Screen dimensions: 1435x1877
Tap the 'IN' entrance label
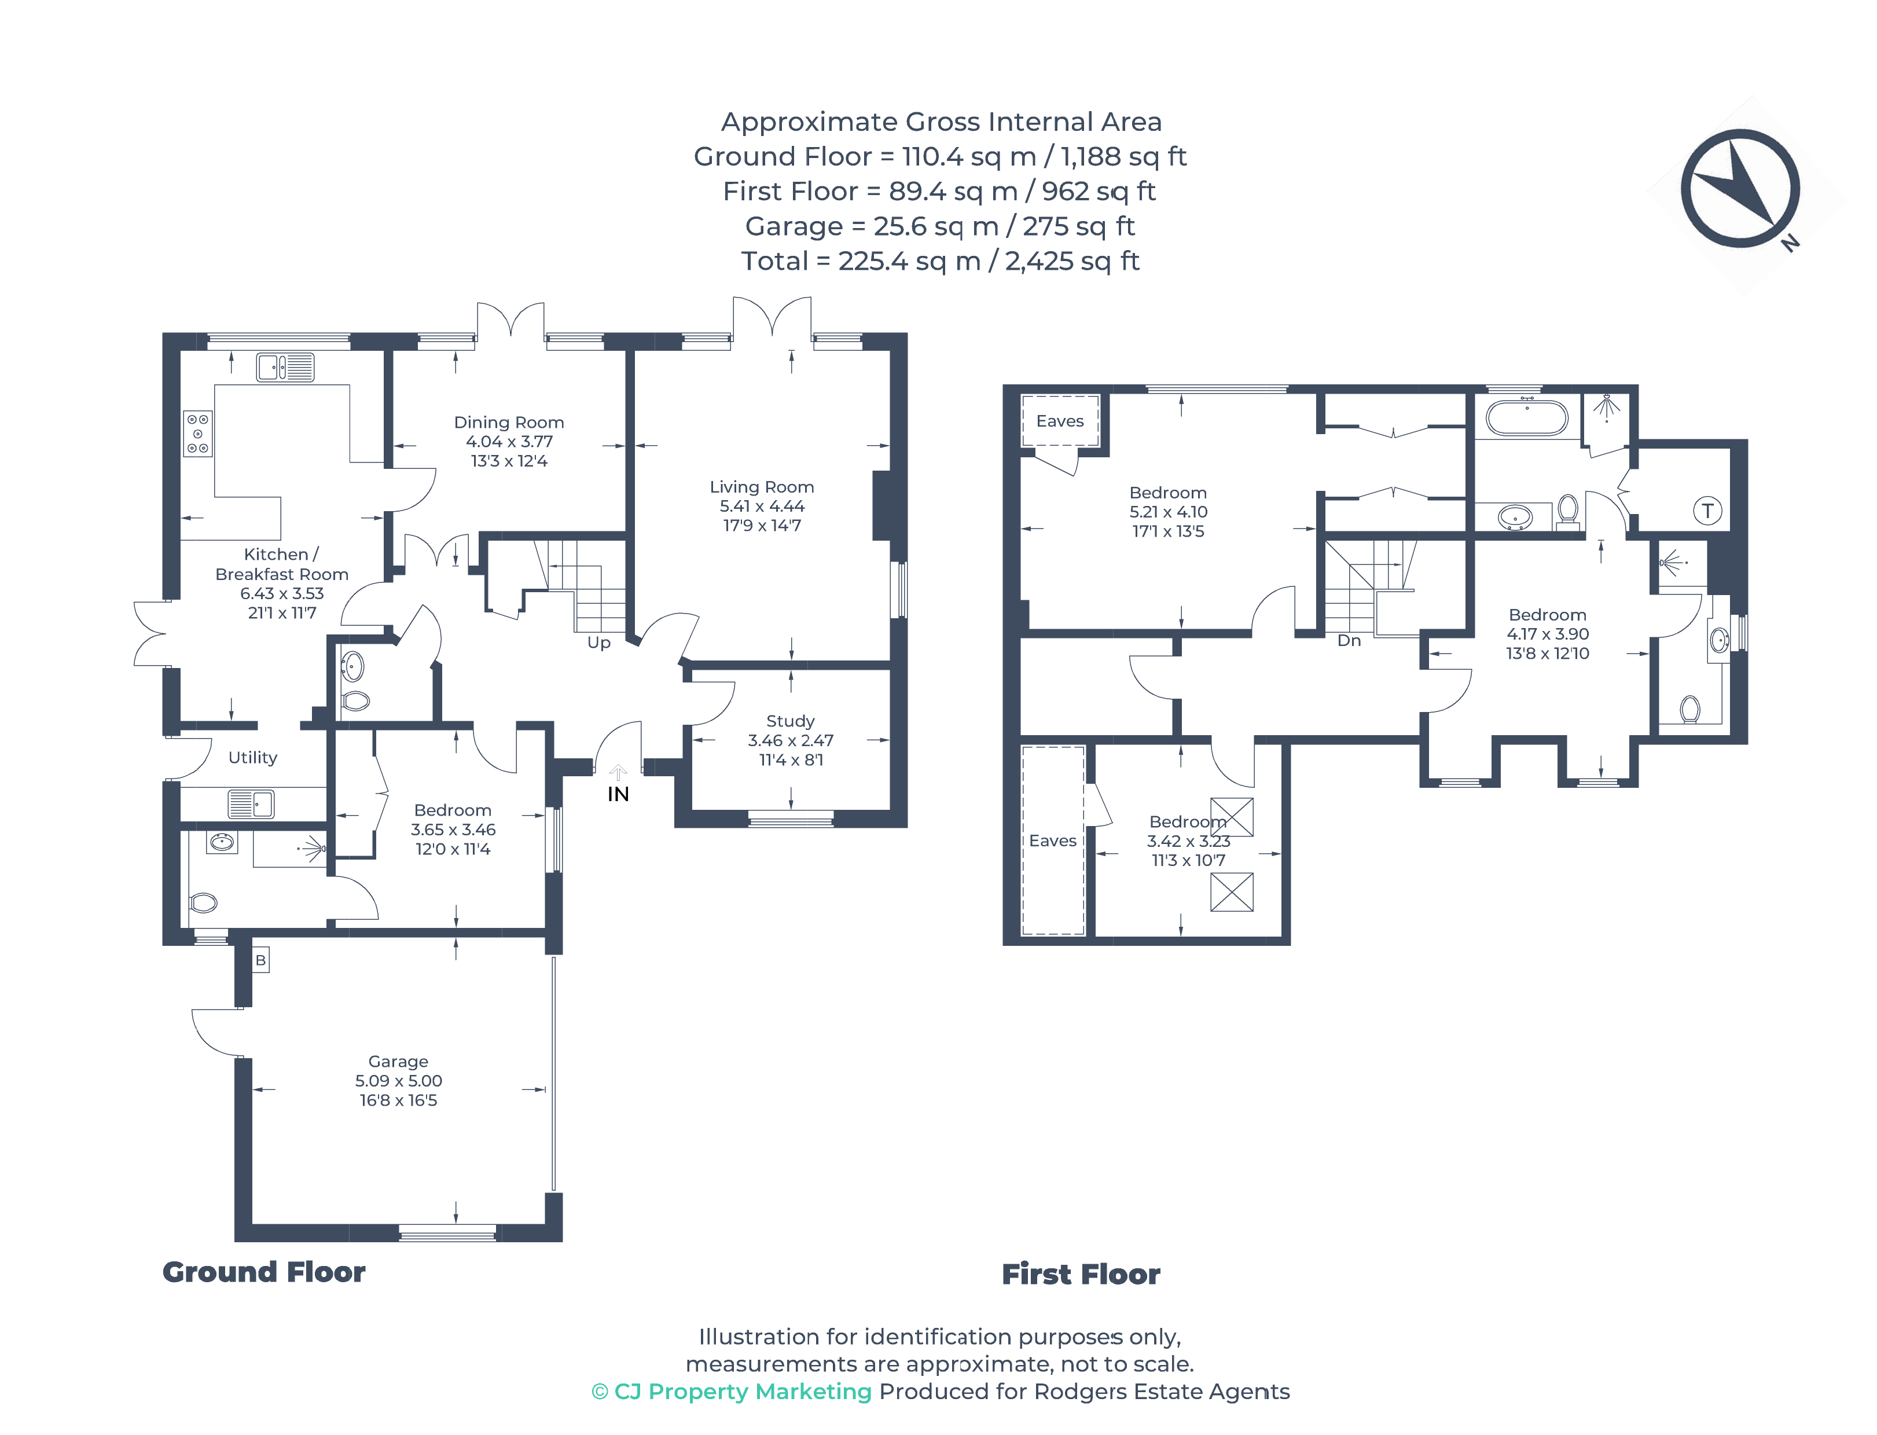(x=618, y=794)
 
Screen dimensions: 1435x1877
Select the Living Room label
(x=761, y=487)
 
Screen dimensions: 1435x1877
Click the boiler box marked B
(x=260, y=960)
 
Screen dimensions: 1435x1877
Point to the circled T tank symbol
(x=1706, y=511)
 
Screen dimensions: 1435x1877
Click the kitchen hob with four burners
(x=198, y=433)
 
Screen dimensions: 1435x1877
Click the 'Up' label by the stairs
(x=598, y=643)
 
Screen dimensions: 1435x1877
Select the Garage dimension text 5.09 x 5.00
(x=398, y=1081)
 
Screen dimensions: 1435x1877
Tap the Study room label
(x=790, y=721)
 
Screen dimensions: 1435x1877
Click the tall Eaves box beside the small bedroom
(x=1052, y=841)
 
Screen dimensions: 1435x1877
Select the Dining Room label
(x=508, y=422)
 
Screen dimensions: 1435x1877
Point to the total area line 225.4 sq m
(x=939, y=260)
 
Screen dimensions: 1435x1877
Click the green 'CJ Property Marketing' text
(x=732, y=1392)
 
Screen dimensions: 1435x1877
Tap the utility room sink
(x=250, y=804)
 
